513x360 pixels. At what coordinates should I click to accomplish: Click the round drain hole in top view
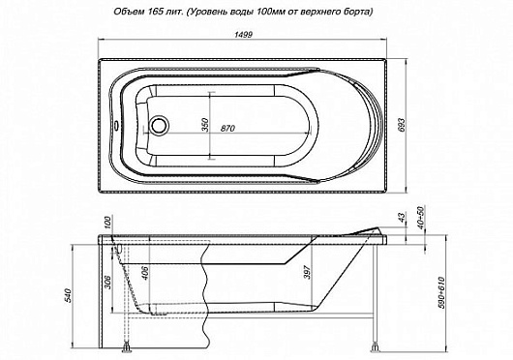[x=159, y=125]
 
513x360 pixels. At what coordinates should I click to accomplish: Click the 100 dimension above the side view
[x=107, y=225]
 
